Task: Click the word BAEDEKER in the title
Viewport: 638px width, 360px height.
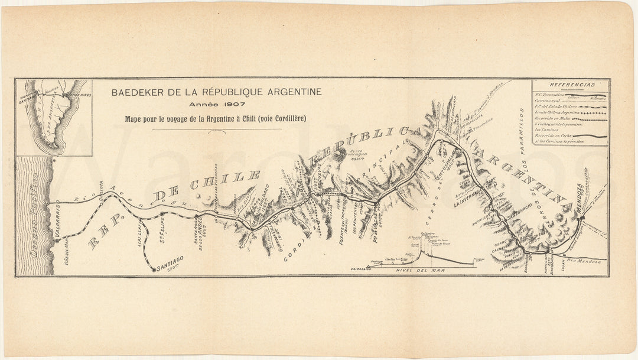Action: [137, 92]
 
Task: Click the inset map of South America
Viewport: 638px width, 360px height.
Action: [54, 116]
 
